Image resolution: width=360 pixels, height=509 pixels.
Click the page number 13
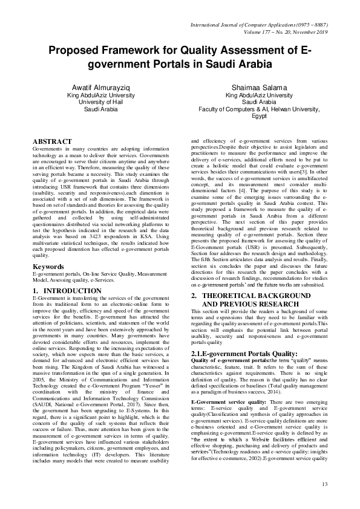click(324, 484)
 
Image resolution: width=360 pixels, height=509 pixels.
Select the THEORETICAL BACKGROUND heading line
click(254, 278)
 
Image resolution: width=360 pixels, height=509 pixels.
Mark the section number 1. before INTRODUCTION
click(35, 291)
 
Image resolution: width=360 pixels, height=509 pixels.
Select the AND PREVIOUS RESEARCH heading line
click(247, 286)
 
